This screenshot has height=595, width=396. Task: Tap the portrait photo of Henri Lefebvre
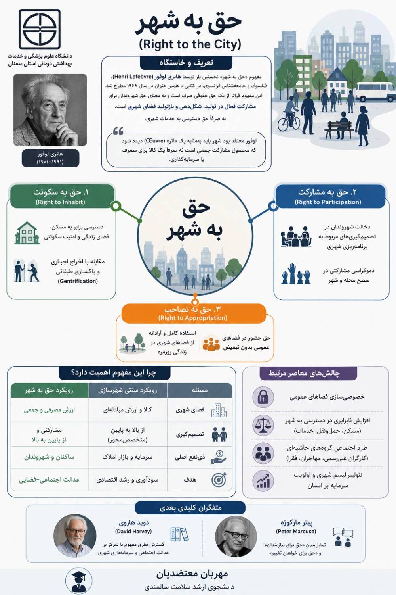(50, 110)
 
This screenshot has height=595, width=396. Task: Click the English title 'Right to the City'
(190, 44)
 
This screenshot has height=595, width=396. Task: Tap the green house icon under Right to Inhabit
(27, 233)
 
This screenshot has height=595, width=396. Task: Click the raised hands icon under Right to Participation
(296, 274)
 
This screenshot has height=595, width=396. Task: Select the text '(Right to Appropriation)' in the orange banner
(192, 318)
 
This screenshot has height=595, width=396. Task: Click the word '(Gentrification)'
(78, 281)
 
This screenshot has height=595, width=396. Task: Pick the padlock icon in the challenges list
(263, 397)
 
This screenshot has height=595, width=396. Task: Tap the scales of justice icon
(263, 425)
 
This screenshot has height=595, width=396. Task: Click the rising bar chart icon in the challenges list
(263, 481)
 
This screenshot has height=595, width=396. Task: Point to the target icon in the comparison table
(219, 480)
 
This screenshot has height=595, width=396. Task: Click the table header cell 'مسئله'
(200, 390)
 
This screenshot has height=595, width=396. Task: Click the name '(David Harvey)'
(133, 531)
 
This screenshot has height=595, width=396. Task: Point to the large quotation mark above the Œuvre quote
(118, 131)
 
